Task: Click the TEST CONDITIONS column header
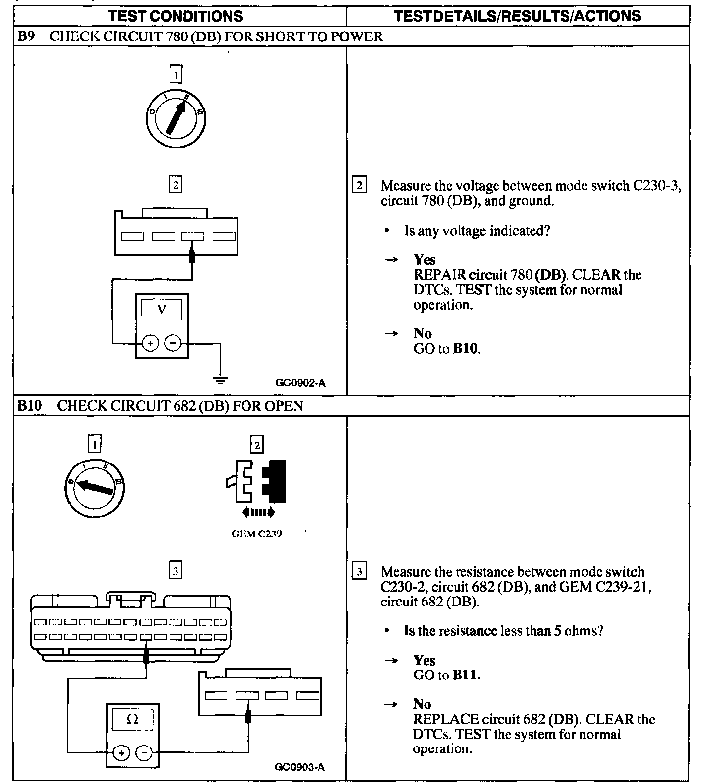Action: pyautogui.click(x=176, y=16)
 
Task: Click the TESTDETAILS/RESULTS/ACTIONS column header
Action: pyautogui.click(x=518, y=16)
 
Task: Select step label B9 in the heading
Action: pyautogui.click(x=26, y=36)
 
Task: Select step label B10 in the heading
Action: pyautogui.click(x=30, y=406)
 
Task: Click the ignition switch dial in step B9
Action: pyautogui.click(x=176, y=119)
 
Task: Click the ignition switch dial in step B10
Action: pyautogui.click(x=94, y=488)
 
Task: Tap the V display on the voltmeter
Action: pyautogui.click(x=162, y=310)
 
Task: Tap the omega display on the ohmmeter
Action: pyautogui.click(x=132, y=719)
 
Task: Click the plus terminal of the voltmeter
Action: pyautogui.click(x=151, y=343)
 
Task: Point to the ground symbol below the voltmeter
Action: pyautogui.click(x=220, y=380)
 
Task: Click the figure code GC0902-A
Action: pyautogui.click(x=301, y=383)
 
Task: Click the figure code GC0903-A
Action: pyautogui.click(x=300, y=768)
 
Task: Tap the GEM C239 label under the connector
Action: pyautogui.click(x=257, y=534)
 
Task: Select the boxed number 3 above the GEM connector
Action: pyautogui.click(x=176, y=571)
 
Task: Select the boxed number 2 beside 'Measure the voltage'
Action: pyautogui.click(x=359, y=186)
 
